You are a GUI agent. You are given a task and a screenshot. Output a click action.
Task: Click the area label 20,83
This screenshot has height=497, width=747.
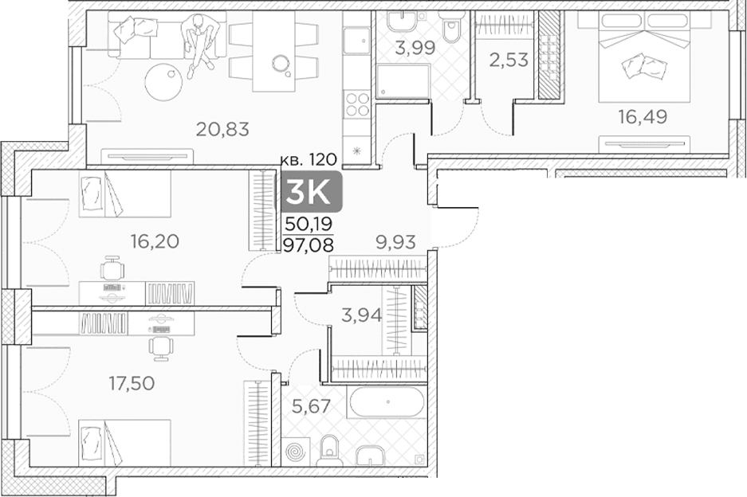click(222, 129)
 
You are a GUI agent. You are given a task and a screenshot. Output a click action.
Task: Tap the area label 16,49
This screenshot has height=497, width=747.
click(643, 116)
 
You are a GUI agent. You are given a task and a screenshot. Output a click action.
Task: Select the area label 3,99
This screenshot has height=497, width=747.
click(415, 48)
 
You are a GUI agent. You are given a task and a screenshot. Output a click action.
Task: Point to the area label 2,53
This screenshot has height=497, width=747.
click(509, 61)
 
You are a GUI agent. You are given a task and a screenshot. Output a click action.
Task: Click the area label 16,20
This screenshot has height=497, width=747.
click(155, 241)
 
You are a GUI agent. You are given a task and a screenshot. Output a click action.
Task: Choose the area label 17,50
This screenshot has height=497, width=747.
click(132, 384)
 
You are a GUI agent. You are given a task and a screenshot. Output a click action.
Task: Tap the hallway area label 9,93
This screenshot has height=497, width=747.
click(396, 242)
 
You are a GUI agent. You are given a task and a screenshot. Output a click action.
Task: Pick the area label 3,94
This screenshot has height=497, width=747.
click(362, 315)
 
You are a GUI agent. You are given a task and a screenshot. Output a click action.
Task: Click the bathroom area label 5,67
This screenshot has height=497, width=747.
click(311, 406)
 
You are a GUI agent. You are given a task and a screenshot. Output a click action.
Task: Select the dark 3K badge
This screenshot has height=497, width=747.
click(311, 191)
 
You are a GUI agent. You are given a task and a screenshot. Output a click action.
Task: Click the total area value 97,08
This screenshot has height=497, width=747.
click(309, 245)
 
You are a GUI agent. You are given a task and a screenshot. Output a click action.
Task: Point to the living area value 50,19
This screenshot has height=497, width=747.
click(309, 224)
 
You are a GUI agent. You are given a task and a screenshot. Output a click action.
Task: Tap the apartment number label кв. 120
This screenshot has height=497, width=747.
click(309, 159)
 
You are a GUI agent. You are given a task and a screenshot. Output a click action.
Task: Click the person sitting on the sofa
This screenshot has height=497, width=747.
click(201, 44)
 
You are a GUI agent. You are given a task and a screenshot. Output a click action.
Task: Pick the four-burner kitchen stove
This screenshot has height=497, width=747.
click(357, 104)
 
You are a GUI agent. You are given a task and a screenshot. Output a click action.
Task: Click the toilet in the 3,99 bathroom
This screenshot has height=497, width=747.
click(450, 27)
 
